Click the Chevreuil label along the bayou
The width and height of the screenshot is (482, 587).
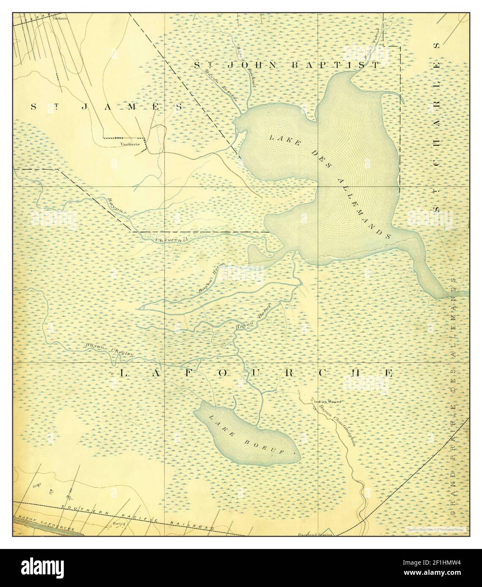point(174,240)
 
